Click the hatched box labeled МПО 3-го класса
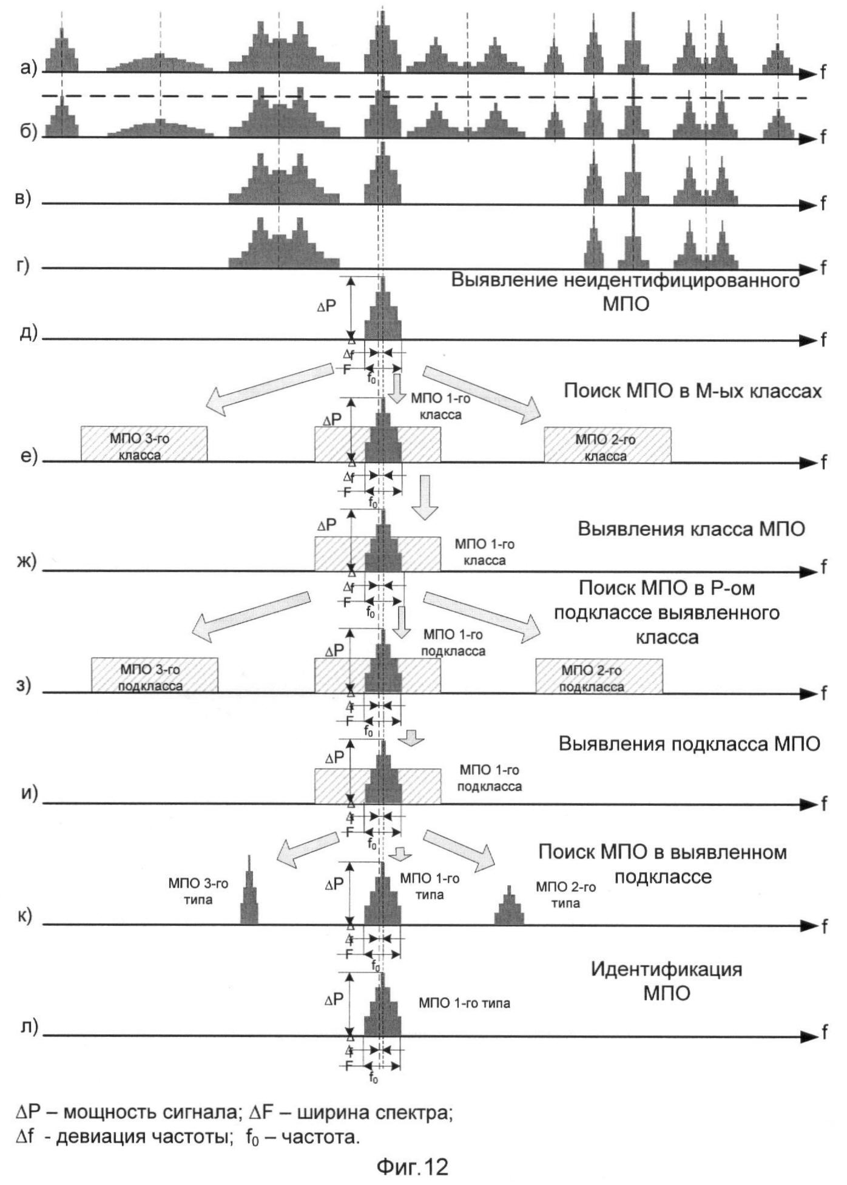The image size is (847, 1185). [x=144, y=444]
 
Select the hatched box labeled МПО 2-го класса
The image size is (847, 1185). [x=607, y=445]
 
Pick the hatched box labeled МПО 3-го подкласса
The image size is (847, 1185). [x=154, y=675]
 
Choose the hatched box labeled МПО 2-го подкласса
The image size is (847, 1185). [x=599, y=676]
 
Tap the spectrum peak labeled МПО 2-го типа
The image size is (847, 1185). [x=509, y=906]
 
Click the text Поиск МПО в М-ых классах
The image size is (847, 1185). [x=693, y=390]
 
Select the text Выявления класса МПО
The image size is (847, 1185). [x=691, y=529]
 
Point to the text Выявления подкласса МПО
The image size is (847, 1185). [x=689, y=744]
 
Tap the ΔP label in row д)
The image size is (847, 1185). [x=326, y=307]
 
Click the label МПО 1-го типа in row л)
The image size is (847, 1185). [x=464, y=1003]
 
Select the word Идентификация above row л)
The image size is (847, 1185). [x=666, y=969]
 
